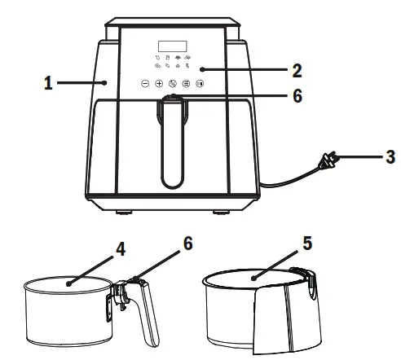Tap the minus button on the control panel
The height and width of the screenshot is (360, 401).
pyautogui.click(x=145, y=83)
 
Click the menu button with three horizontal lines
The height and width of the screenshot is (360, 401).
pyautogui.click(x=186, y=83)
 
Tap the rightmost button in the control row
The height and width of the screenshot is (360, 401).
pyautogui.click(x=199, y=83)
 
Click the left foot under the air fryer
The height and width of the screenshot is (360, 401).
pyautogui.click(x=125, y=213)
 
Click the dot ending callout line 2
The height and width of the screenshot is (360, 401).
pyautogui.click(x=202, y=70)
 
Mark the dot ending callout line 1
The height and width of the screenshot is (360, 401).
pyautogui.click(x=107, y=82)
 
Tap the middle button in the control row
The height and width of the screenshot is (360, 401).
pyautogui.click(x=172, y=83)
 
